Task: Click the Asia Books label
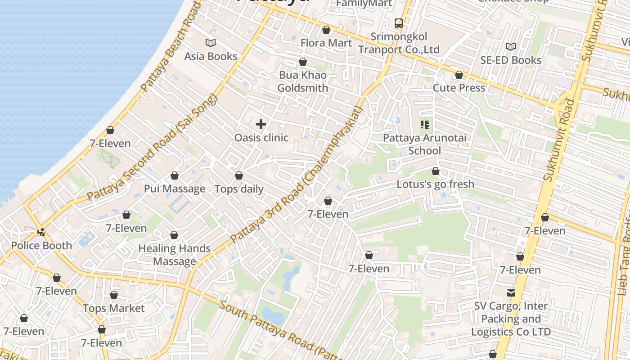(x=211, y=56)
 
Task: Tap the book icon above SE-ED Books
(x=510, y=46)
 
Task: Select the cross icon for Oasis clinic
(x=261, y=124)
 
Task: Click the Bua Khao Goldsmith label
(x=302, y=81)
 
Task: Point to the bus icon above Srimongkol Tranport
(x=398, y=23)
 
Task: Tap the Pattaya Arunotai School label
(x=425, y=144)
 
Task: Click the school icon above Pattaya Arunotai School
(x=425, y=124)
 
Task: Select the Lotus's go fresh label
(x=435, y=184)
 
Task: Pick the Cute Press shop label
(x=459, y=88)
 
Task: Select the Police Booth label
(x=41, y=246)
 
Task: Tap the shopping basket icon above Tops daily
(x=239, y=175)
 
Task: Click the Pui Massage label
(x=175, y=189)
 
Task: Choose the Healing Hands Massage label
(x=175, y=255)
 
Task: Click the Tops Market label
(x=114, y=308)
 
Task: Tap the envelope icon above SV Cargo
(x=511, y=293)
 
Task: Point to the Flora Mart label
(x=326, y=43)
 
